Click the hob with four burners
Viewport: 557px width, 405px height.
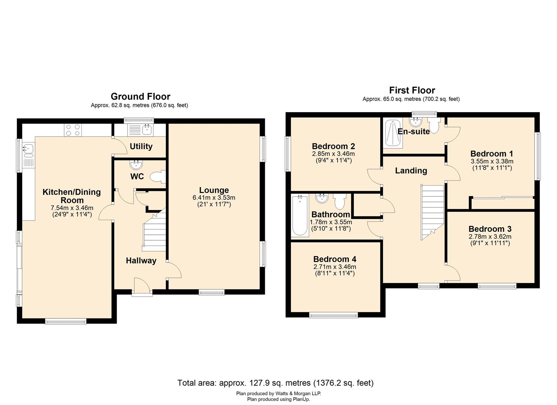coord(73,130)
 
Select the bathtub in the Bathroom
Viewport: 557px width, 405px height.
coord(299,216)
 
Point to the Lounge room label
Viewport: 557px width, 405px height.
coord(214,190)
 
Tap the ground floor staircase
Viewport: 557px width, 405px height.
coord(154,232)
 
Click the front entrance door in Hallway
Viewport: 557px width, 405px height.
coord(142,286)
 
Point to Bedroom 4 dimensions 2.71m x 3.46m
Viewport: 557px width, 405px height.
coord(335,267)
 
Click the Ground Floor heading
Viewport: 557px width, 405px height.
coord(140,96)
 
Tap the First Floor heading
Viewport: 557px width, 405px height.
coord(412,90)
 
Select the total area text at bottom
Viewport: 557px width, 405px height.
coord(275,383)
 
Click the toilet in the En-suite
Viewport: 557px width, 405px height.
coord(434,126)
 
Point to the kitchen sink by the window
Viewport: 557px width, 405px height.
coord(28,150)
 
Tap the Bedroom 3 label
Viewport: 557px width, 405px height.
coord(490,229)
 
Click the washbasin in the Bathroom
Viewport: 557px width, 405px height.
coord(321,199)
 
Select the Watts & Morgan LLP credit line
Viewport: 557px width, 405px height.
coord(278,393)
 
